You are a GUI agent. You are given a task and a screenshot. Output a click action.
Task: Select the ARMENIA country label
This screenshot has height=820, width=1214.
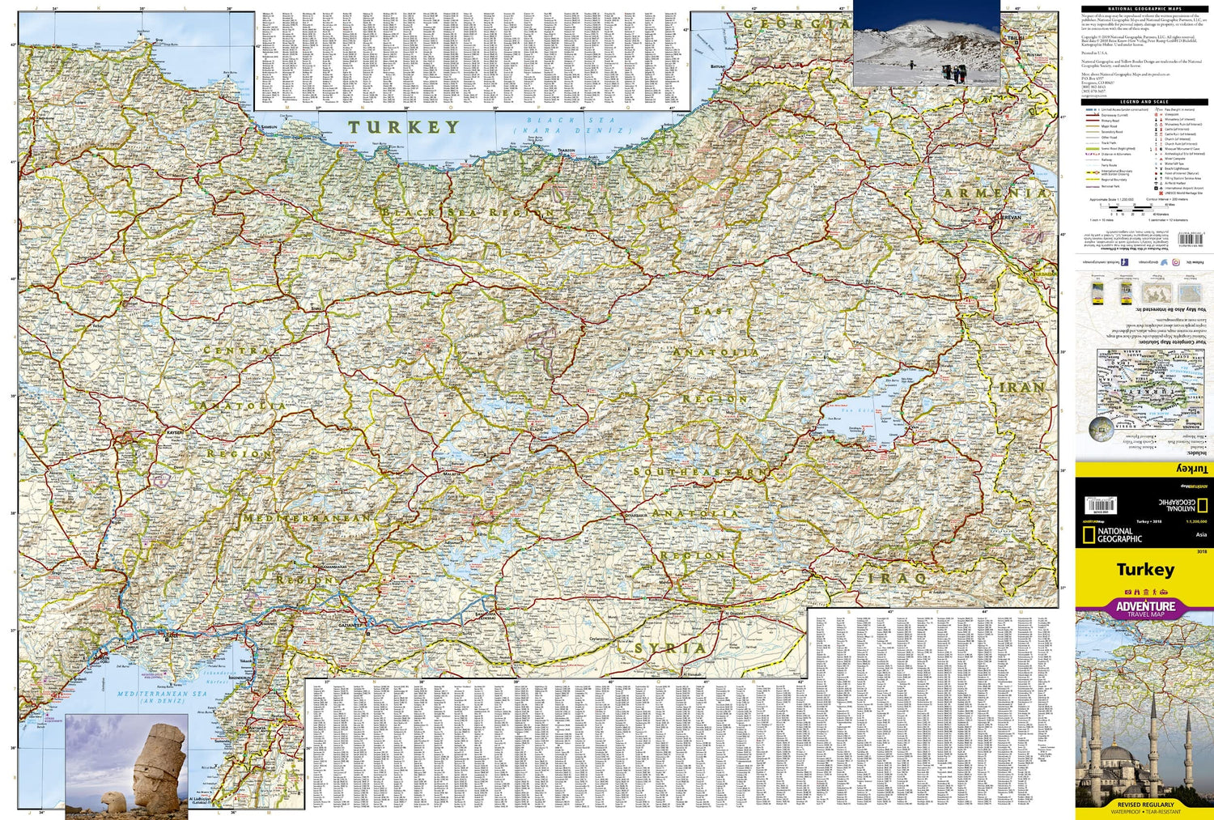pos(995,193)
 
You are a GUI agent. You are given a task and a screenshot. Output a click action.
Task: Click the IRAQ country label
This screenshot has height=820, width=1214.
pos(898,579)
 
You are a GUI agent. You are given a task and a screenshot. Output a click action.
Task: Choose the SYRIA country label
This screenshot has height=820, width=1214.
pos(670,648)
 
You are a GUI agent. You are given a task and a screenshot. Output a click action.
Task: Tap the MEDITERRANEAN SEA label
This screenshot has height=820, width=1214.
pos(162,694)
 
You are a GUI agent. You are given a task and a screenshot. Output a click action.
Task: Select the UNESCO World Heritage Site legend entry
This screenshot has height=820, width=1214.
pos(1183,193)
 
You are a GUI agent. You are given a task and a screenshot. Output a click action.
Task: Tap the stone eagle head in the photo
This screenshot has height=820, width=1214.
pos(112,801)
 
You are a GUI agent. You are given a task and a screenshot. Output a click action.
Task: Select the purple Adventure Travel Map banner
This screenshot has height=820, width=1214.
pos(1144,609)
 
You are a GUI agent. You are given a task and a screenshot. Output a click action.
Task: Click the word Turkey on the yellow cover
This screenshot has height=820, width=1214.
pos(1144,569)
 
